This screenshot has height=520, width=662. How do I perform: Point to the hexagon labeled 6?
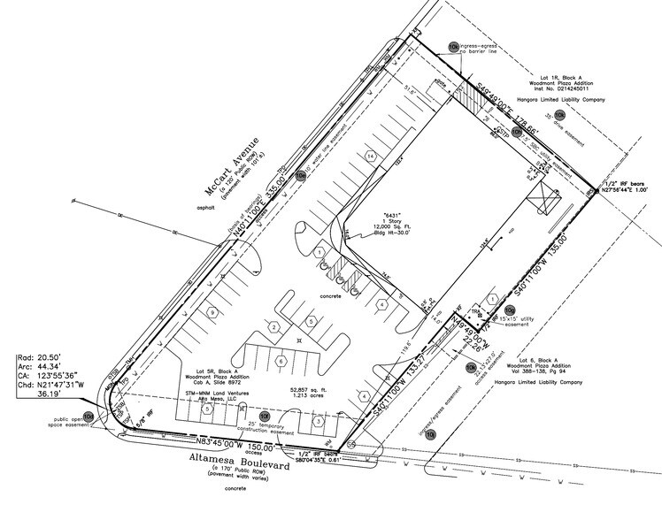(x=281, y=362)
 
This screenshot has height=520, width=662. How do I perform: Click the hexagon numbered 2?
(x=275, y=328)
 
